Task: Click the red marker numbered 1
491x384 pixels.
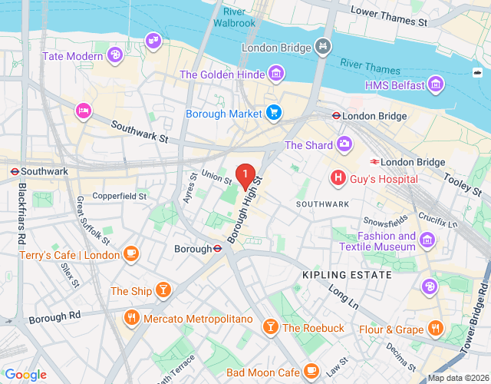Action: pos(245,176)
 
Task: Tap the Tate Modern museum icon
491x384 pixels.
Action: pos(114,55)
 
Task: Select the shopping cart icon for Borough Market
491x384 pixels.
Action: pos(274,114)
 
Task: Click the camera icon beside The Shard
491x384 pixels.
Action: pos(345,144)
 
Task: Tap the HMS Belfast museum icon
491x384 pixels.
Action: pos(436,83)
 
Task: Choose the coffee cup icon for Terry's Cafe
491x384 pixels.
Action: pos(131,254)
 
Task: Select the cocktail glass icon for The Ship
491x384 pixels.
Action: pos(163,290)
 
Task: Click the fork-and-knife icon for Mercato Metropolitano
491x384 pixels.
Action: pos(131,316)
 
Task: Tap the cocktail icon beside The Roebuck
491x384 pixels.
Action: pos(270,327)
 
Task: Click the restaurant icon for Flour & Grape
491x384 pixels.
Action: pos(436,329)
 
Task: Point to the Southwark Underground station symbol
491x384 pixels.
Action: pos(15,170)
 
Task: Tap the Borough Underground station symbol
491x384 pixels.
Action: pos(218,249)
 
